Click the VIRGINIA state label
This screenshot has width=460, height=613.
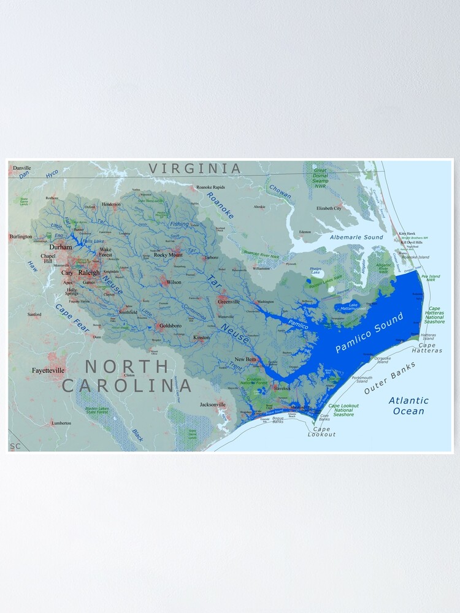point(196,168)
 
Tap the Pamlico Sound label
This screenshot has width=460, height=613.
point(369,332)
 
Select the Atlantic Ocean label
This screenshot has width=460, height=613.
point(408,406)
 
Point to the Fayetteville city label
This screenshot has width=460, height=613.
point(50,371)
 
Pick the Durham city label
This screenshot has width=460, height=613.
point(61,247)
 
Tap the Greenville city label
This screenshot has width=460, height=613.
point(229,302)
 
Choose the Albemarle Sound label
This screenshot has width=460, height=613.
point(356,237)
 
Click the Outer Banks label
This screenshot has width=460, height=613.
point(390,378)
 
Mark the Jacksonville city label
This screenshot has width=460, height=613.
point(213,405)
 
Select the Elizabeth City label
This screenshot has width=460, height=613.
point(329,208)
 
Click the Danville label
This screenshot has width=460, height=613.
point(21,167)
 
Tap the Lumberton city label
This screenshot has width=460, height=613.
point(61,423)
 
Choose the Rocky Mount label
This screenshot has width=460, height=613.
point(168,254)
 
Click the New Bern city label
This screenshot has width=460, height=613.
point(245,359)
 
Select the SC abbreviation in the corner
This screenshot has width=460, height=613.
point(15,446)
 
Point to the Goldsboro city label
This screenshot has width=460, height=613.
point(169,326)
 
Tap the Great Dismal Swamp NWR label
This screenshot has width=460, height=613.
point(320,178)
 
